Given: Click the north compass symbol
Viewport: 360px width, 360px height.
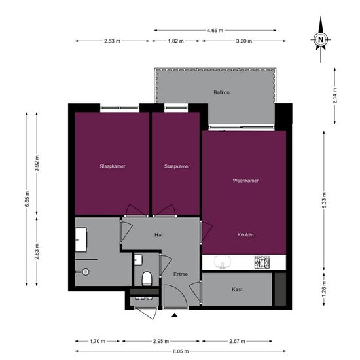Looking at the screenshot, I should pos(321,39).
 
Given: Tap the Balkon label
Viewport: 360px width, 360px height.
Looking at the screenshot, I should pos(221,92).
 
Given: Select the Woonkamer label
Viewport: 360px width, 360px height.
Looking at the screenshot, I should pos(245,181).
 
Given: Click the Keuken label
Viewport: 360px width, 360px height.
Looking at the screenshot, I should pos(245,234).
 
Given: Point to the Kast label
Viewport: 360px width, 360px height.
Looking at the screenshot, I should pos(238,289).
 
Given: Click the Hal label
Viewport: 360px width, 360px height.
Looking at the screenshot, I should pos(158,234).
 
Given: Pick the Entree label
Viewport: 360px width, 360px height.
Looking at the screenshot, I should pos(181,274).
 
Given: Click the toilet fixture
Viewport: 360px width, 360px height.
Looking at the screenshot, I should pos(147,278).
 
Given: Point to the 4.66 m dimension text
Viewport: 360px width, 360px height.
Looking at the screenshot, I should pos(215,30).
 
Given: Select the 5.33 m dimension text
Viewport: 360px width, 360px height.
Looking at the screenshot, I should pos(325,198).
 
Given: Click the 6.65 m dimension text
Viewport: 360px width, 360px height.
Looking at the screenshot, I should pos(27,198).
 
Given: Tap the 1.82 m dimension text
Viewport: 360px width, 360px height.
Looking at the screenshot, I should pos(176,41).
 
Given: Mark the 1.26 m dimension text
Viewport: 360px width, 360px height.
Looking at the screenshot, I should pos(325,289).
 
